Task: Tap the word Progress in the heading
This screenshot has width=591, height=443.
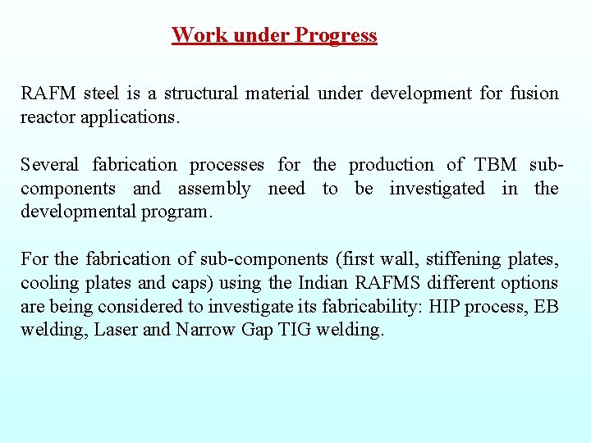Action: [x=336, y=35]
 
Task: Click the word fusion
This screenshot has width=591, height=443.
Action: [x=534, y=94]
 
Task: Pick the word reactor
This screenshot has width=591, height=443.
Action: [x=48, y=116]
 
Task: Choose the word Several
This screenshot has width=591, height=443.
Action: [x=50, y=165]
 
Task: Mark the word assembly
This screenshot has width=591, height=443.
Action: [x=214, y=189]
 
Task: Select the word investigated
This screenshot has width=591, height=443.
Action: [x=437, y=189]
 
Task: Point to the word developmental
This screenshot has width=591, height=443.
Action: [x=77, y=212]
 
